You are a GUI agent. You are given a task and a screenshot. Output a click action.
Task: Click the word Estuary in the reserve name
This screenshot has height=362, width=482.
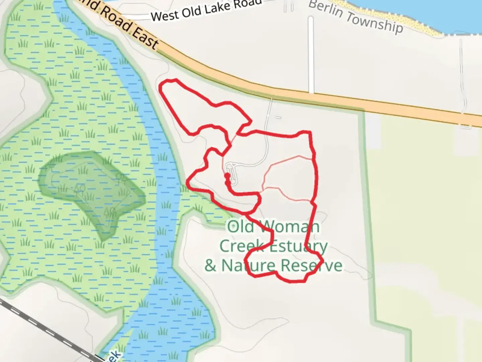click(298, 247)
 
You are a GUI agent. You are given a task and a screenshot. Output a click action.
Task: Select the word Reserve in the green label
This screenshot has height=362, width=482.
click(312, 265)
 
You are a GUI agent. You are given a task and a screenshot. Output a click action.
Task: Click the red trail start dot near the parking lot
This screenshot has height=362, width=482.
click(227, 175)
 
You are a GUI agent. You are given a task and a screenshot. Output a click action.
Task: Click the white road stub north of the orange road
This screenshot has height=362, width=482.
click(311, 54)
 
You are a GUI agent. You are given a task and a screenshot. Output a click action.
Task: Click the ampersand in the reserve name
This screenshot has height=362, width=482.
click(211, 265)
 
